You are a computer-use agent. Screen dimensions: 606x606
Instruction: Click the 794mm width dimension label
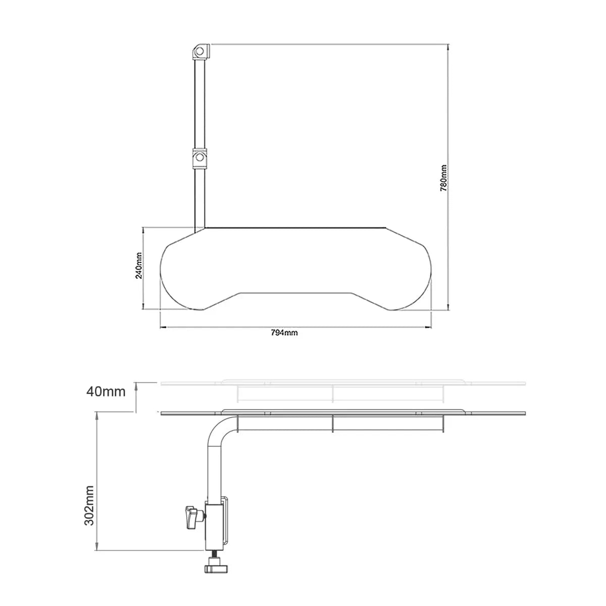pyautogui.click(x=284, y=333)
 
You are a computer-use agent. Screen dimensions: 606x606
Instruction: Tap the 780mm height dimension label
pyautogui.click(x=443, y=177)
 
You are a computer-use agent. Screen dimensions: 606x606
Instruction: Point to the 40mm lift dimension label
pyautogui.click(x=105, y=391)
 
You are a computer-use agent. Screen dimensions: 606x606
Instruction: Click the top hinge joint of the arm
pyautogui.click(x=200, y=52)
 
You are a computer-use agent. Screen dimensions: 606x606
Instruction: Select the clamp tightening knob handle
pyautogui.click(x=191, y=517)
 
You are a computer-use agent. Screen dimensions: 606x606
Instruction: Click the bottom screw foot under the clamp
pyautogui.click(x=216, y=569)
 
